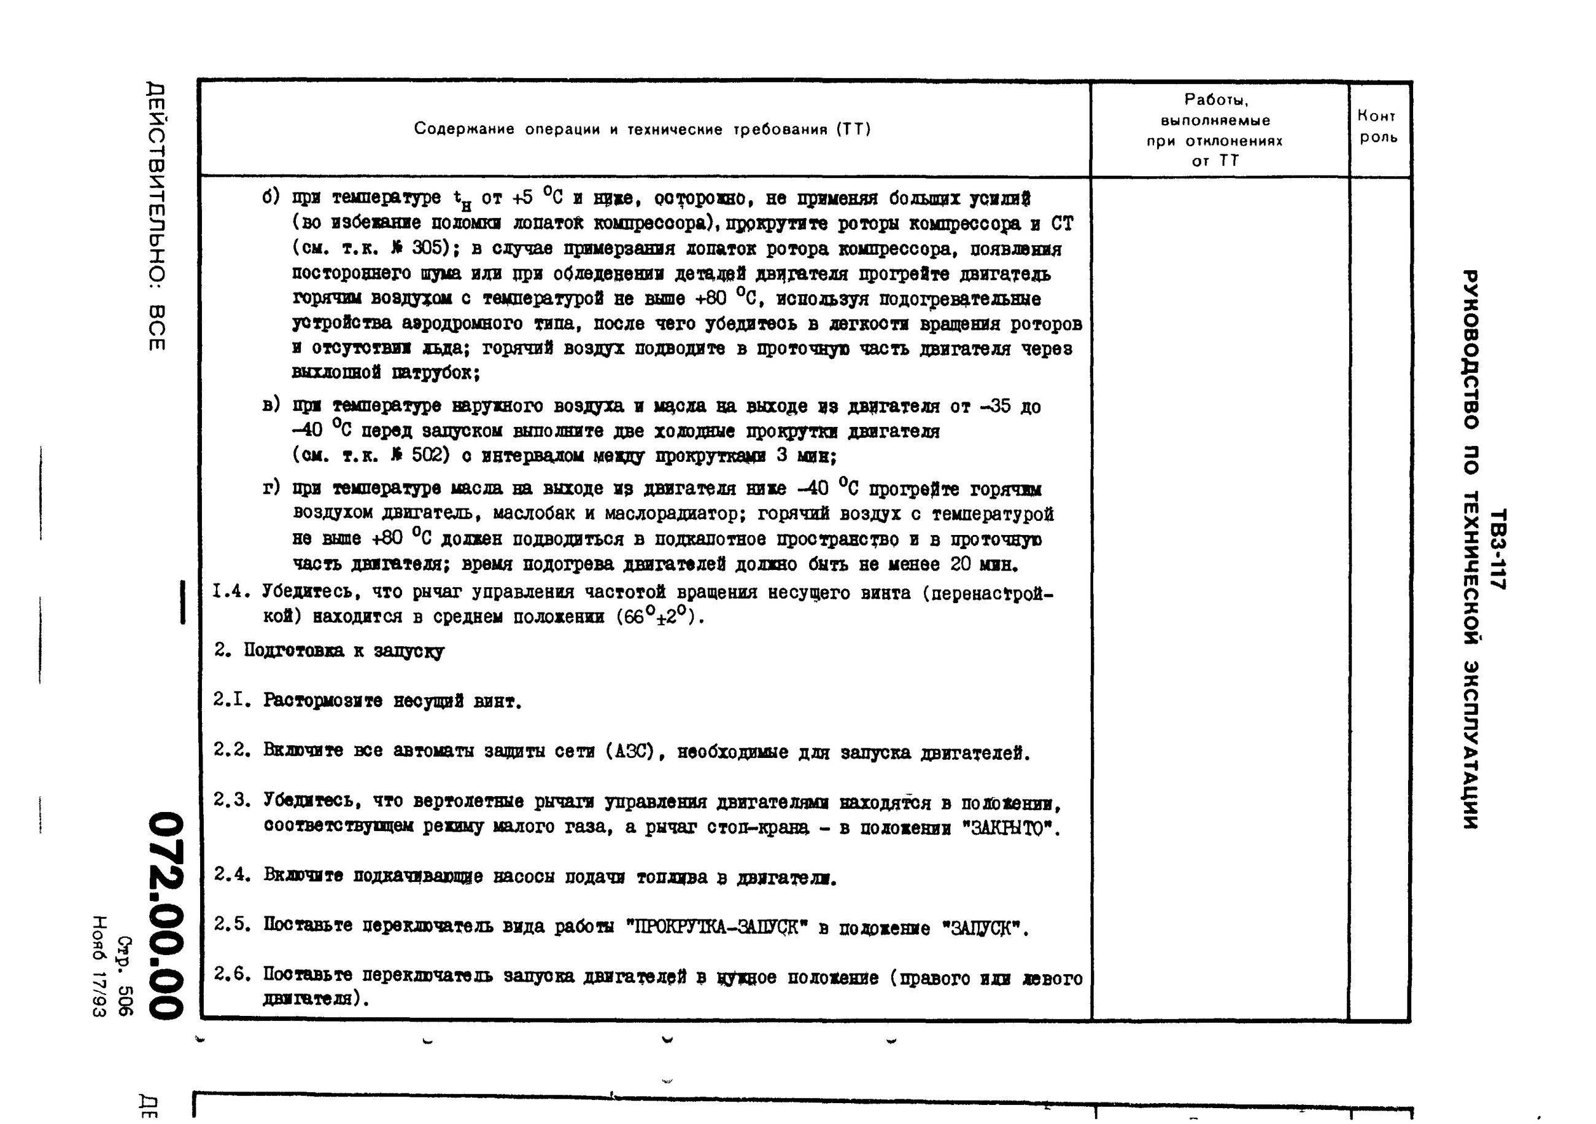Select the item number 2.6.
click(x=231, y=975)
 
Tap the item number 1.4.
click(x=231, y=592)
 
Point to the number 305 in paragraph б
click(x=426, y=248)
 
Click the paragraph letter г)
click(x=271, y=488)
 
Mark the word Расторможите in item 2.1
click(x=323, y=700)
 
